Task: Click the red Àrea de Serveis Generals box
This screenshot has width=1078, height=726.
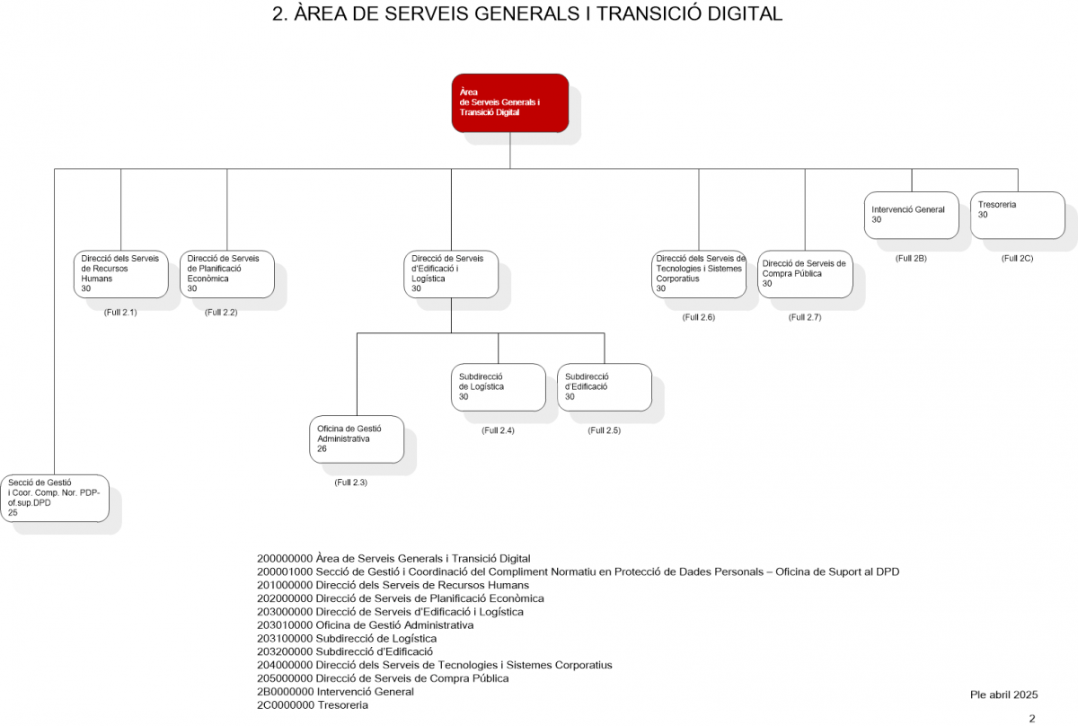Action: [x=510, y=103]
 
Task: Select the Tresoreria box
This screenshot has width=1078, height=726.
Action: [x=1017, y=216]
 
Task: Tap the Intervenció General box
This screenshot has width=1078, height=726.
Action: [x=912, y=216]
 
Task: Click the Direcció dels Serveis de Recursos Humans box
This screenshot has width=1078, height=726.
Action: [x=120, y=274]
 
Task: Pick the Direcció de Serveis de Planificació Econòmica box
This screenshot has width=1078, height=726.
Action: [x=227, y=274]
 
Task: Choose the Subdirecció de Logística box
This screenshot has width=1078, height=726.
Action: [x=499, y=387]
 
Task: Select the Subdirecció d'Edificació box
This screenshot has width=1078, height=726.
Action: [x=605, y=387]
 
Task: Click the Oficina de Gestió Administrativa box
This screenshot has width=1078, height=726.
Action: [x=357, y=439]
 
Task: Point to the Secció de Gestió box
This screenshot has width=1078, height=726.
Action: [x=55, y=499]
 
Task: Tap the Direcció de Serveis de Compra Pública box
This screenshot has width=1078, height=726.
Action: [x=805, y=274]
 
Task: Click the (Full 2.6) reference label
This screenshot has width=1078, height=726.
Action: [x=698, y=317]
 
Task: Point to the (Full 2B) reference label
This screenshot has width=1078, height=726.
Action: [x=911, y=259]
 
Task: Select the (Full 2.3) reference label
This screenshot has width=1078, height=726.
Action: [x=351, y=483]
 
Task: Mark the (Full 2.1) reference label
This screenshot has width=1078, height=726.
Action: [x=120, y=313]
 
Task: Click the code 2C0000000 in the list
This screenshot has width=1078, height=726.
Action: [x=285, y=704]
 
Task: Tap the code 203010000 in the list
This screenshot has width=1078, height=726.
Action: [x=285, y=624]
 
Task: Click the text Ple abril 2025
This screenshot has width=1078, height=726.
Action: [x=1004, y=695]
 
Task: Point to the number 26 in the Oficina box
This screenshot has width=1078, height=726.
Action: [x=322, y=448]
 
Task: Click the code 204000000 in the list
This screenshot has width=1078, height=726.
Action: [x=285, y=665]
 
